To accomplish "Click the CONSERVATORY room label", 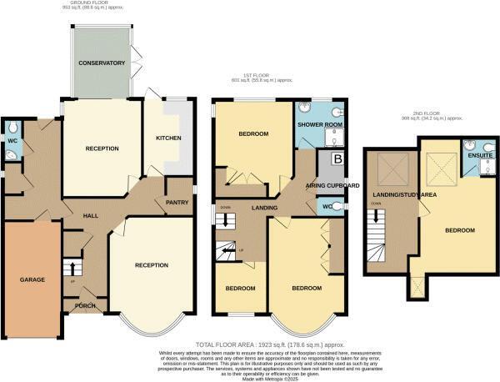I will (102, 63).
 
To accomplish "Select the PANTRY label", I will (177, 202).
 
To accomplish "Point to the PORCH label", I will (85, 305).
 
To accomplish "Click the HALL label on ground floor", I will (92, 215).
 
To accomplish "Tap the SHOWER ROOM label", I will (315, 126).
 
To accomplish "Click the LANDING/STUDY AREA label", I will (392, 195).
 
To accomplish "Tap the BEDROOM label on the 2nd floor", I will (458, 230).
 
